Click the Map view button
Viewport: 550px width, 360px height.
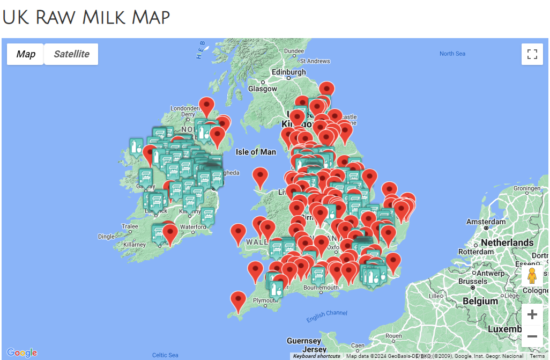(26, 54)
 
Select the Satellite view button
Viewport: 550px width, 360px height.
(71, 54)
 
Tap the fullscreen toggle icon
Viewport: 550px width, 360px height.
(532, 54)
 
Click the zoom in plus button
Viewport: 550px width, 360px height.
(532, 314)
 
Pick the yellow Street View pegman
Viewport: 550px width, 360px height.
(532, 276)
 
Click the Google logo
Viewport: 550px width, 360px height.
(22, 352)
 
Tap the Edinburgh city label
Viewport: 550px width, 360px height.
(288, 72)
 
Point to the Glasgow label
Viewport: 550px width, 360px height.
(262, 89)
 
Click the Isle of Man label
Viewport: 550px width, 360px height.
(256, 152)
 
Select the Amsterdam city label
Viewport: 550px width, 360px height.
(486, 222)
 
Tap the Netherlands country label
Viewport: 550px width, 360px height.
(507, 243)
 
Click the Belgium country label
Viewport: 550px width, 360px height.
(480, 301)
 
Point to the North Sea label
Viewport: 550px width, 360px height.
(452, 54)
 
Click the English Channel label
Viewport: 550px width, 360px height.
(326, 317)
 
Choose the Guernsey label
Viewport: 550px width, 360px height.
(303, 341)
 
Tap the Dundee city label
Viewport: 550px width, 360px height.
(294, 52)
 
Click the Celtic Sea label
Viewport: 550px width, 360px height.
(165, 355)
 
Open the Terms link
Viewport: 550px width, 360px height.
(537, 356)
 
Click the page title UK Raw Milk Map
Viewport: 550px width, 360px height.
(86, 17)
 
